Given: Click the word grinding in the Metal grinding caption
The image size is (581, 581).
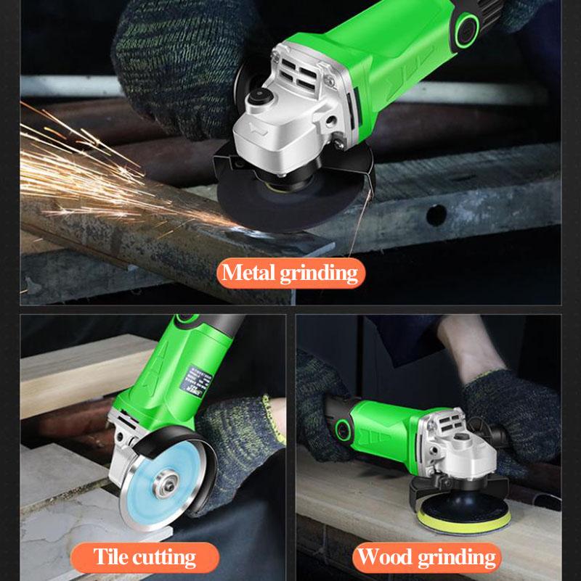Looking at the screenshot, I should [320, 273].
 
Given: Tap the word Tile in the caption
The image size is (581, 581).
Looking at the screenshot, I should [111, 556].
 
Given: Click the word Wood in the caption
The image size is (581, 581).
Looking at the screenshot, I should [383, 557].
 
